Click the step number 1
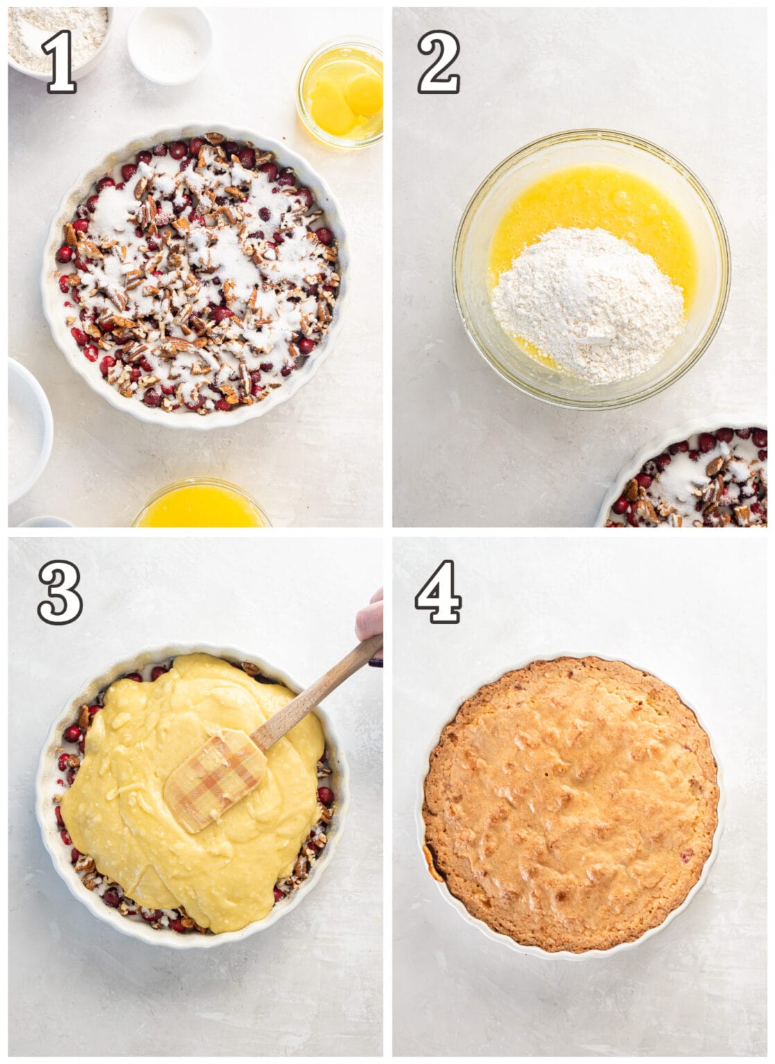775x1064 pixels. point(59,62)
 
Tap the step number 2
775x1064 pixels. point(438,62)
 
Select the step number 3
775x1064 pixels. point(60,592)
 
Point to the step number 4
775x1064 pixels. point(438,592)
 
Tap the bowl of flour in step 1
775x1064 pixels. point(58,35)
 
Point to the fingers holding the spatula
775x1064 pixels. point(371,617)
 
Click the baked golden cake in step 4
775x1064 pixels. point(570,804)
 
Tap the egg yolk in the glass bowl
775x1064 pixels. point(363,94)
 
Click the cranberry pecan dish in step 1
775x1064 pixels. point(195,277)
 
